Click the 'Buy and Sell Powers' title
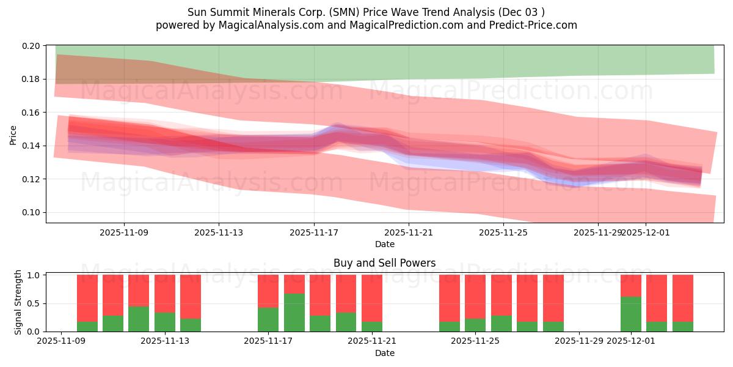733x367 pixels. click(384, 263)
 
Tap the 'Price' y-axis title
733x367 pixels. click(13, 135)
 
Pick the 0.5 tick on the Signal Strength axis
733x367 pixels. click(34, 303)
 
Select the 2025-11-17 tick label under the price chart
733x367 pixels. click(314, 232)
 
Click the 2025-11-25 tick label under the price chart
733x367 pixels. click(503, 232)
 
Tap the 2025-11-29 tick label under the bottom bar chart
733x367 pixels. click(578, 341)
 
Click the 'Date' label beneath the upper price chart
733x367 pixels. click(384, 244)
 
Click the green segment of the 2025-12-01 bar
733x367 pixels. click(631, 314)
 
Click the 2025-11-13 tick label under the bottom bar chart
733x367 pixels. click(165, 341)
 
